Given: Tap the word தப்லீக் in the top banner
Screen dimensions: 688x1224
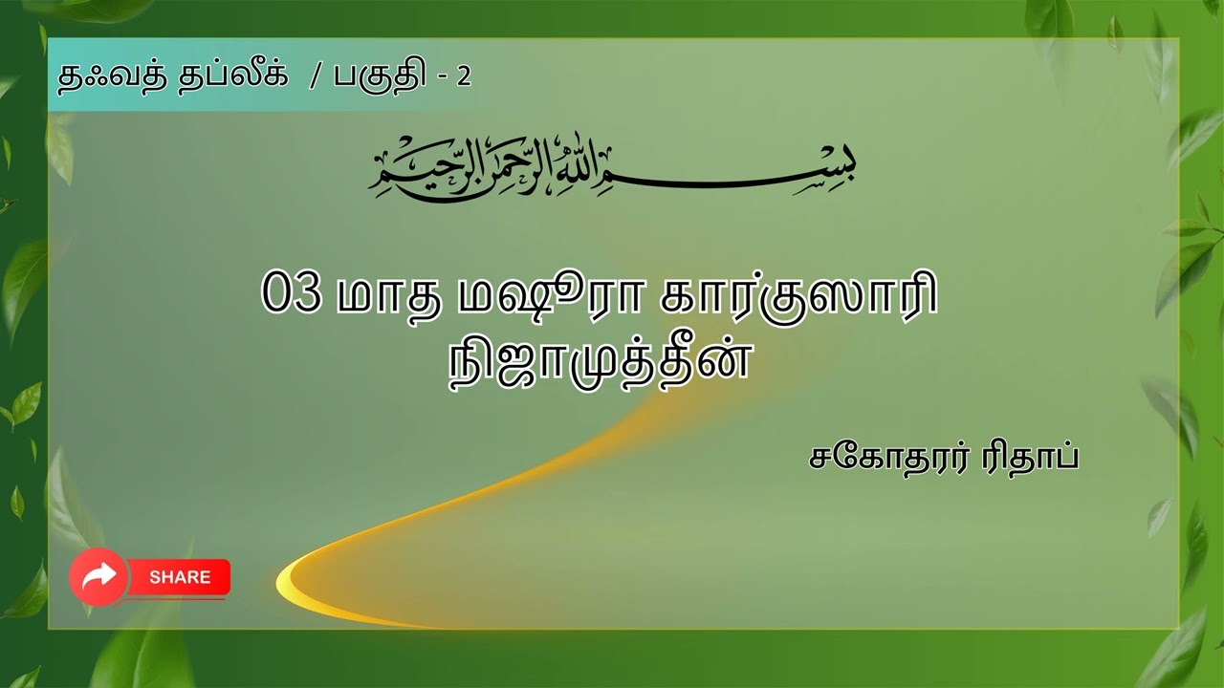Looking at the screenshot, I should [x=232, y=77].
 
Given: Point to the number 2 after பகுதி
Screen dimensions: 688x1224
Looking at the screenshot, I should [x=464, y=77].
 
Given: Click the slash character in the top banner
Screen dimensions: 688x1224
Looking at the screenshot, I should [x=315, y=77].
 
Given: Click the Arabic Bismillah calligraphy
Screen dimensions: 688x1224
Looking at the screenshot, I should [x=612, y=167].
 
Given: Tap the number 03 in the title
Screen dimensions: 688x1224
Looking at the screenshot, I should [x=290, y=295].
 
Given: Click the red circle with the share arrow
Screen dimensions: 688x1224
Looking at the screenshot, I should [x=98, y=576].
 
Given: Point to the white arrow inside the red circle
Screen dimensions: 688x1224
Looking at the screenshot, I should [x=98, y=575].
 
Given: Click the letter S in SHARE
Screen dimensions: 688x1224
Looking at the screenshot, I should [x=155, y=577].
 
